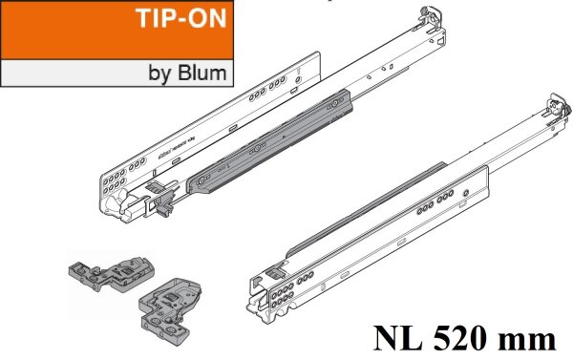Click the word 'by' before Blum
(x=162, y=73)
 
